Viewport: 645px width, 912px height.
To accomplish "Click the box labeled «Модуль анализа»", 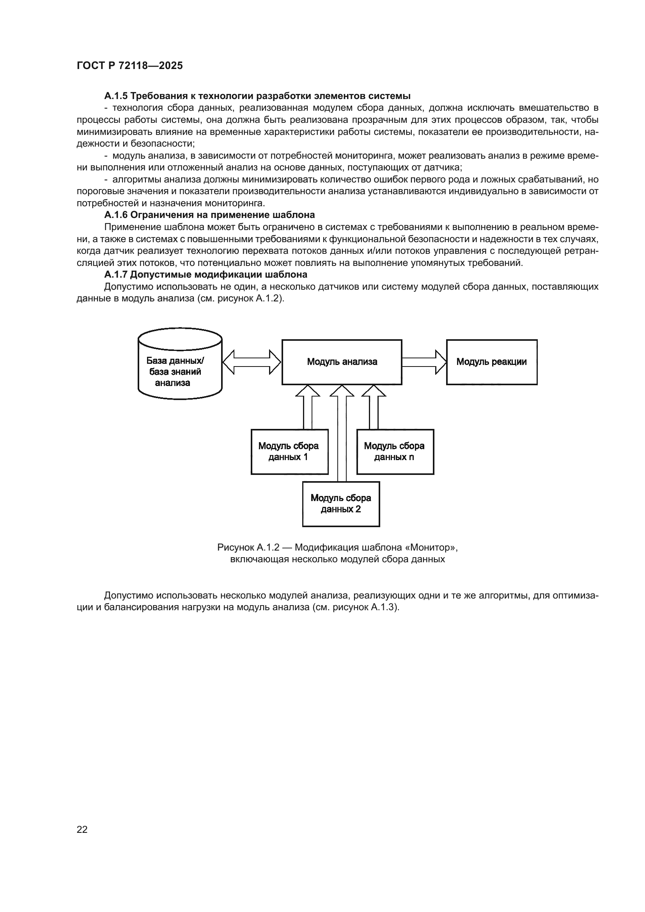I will [x=342, y=362].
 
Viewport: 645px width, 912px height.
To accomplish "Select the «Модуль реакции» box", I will [x=491, y=362].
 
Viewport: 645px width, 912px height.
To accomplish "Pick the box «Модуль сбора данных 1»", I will [x=289, y=452].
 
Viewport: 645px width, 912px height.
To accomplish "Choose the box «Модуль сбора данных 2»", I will [x=341, y=504].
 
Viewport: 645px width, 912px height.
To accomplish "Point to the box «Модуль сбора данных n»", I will [x=395, y=452].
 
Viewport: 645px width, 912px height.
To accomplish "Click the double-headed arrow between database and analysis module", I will [x=252, y=362].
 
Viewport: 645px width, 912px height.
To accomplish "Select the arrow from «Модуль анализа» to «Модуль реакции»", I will [x=424, y=362].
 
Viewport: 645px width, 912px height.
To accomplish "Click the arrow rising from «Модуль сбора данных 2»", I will [x=342, y=433].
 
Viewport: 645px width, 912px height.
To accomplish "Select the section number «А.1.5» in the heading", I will [x=116, y=96].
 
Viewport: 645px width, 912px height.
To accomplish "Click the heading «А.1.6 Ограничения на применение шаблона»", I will [x=209, y=215].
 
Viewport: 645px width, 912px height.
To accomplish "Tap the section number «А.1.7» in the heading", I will [x=116, y=275].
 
